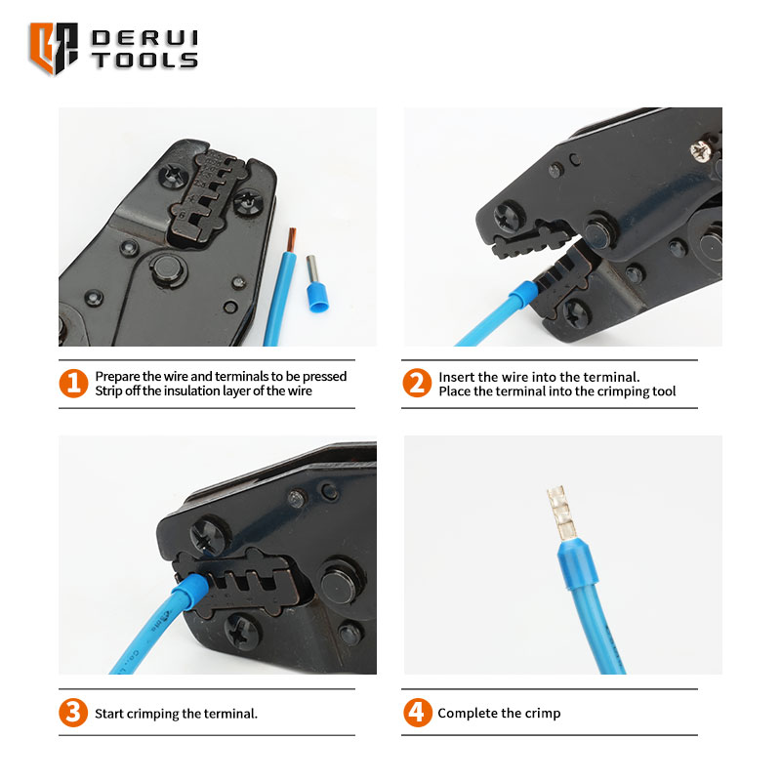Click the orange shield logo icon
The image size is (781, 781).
coord(54,48)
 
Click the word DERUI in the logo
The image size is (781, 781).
coord(144,38)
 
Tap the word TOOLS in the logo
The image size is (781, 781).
coord(144,61)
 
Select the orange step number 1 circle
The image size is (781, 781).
coord(73,383)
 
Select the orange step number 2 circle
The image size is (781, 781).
coord(417,383)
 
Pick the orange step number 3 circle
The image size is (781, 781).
coord(73,713)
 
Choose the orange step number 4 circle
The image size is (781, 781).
coord(418,713)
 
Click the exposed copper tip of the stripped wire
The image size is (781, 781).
coord(291,240)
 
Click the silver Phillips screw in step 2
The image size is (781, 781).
coord(701,150)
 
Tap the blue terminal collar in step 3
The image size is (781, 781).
coord(191,591)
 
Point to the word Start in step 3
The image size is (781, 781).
coord(109,714)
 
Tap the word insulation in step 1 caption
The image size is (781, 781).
coord(192,391)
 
